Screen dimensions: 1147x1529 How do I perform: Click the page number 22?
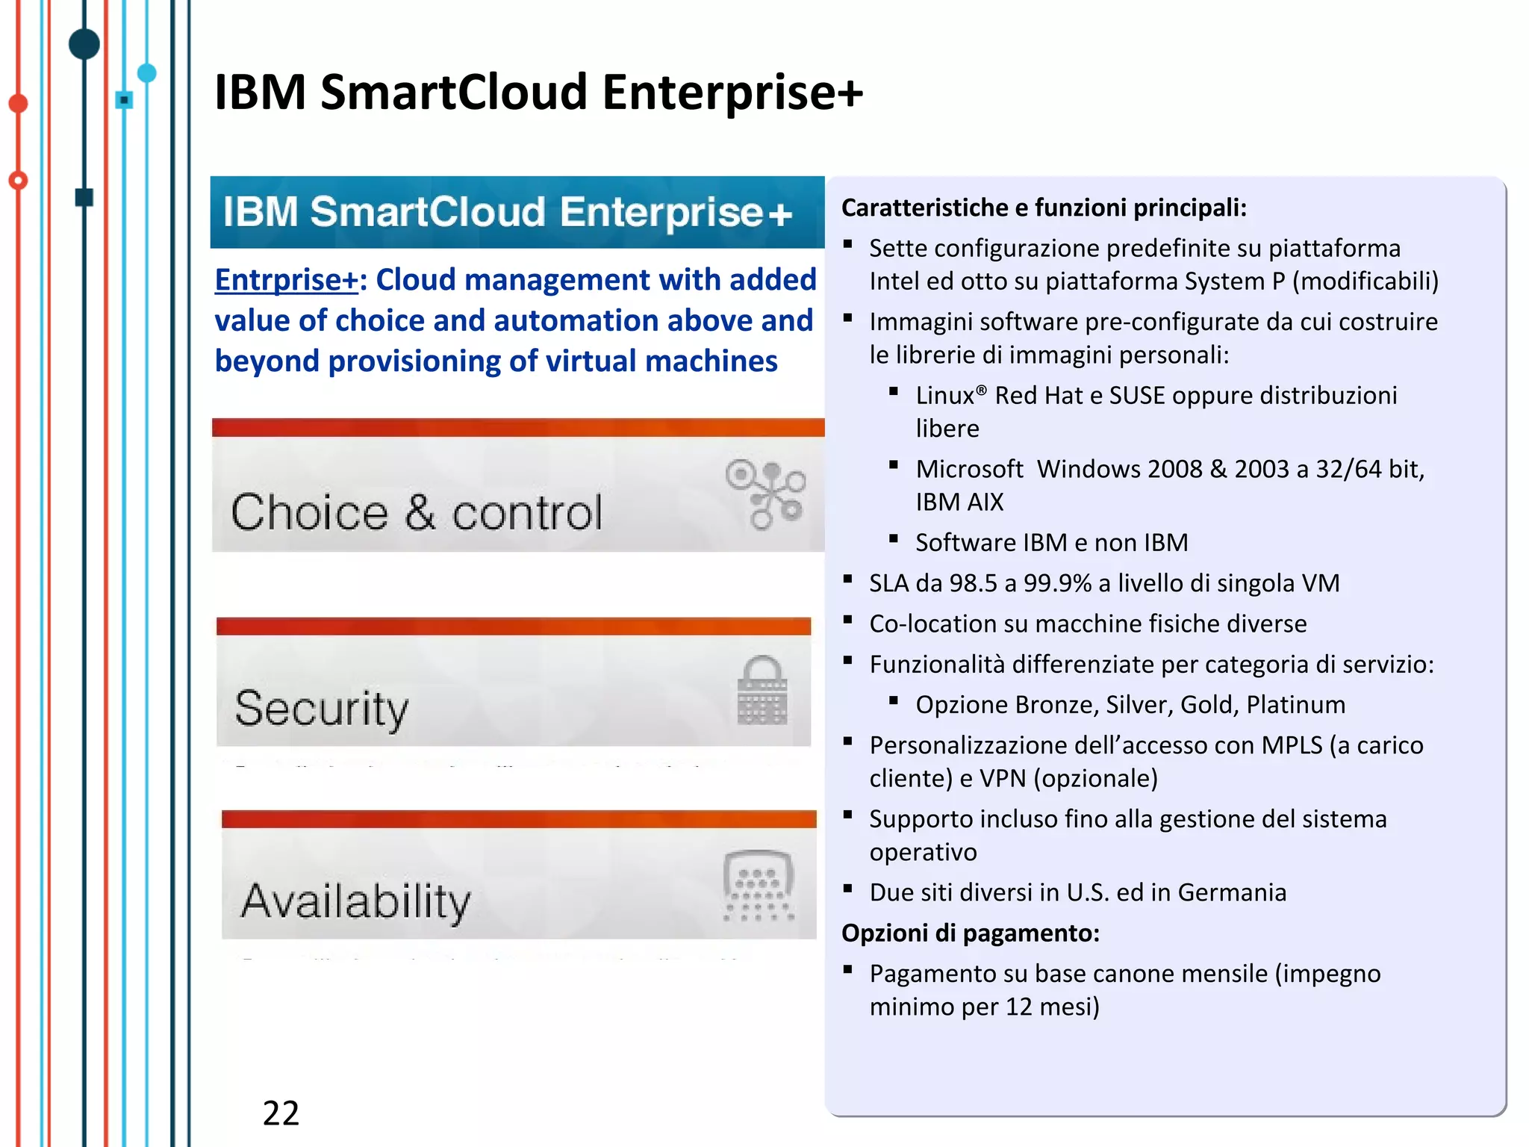[281, 1113]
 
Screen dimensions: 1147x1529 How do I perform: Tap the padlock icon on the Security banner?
[762, 690]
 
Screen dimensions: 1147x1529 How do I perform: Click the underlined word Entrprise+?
[287, 280]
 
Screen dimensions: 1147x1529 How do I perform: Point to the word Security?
[322, 708]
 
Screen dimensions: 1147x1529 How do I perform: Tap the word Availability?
[355, 901]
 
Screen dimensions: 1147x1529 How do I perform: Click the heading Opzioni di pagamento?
[971, 933]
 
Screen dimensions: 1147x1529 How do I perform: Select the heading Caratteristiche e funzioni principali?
[1044, 208]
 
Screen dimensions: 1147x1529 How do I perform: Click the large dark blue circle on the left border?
[84, 43]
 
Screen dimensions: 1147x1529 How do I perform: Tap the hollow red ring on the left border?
[18, 180]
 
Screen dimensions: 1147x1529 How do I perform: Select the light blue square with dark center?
[125, 99]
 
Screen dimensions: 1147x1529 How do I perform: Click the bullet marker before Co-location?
[847, 620]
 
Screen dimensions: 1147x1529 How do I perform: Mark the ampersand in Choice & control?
[420, 512]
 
